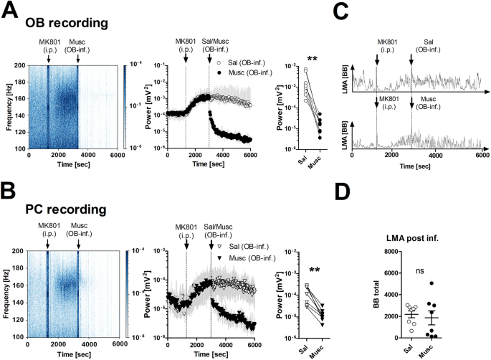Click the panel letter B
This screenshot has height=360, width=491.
point(11,190)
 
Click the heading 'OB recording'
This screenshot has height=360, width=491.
point(67,24)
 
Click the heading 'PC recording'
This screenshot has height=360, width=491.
point(67,210)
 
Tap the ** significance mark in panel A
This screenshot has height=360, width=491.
point(312,58)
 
